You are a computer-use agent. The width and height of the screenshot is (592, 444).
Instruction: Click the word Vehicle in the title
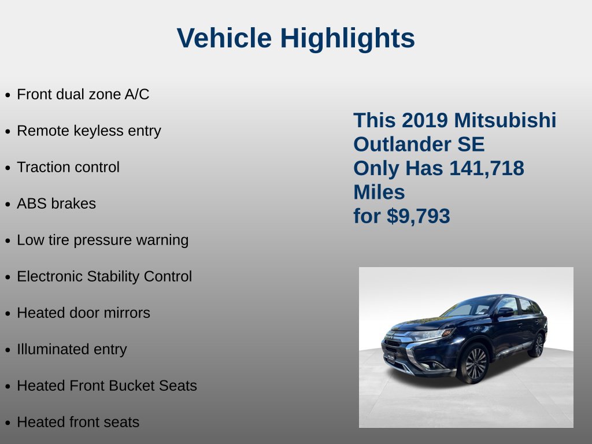[224, 38]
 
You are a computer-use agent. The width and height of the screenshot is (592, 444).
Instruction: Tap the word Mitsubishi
[505, 120]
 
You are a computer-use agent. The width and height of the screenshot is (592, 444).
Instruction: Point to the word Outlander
[402, 144]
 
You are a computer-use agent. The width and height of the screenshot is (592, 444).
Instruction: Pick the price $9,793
[419, 216]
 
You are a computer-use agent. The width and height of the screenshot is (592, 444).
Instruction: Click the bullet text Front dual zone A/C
[83, 94]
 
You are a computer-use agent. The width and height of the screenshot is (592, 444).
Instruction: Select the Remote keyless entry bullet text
[89, 131]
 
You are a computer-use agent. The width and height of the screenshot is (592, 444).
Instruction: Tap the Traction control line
[68, 167]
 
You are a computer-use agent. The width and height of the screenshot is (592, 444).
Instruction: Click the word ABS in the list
[32, 204]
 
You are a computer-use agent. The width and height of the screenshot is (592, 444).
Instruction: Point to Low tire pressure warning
[103, 240]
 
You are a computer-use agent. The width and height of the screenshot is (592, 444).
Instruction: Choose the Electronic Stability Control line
[105, 276]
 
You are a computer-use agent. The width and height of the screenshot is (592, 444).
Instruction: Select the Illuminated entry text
[72, 350]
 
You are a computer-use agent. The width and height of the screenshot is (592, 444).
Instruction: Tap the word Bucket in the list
[132, 386]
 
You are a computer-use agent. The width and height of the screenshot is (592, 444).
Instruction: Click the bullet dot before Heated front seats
[8, 423]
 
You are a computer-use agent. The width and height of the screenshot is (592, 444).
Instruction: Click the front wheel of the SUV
[474, 364]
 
